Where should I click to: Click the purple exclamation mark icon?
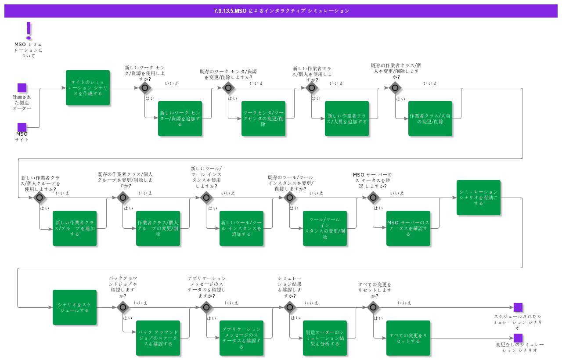point(29,30)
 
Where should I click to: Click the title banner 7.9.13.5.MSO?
point(281,11)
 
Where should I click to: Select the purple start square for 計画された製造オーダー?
point(22,88)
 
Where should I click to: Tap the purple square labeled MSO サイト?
point(22,127)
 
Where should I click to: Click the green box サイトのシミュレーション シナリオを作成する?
point(88,88)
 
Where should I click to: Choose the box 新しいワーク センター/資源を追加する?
point(180,119)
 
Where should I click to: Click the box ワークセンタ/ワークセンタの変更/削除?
point(263,119)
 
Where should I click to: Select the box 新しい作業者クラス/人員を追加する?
point(347,119)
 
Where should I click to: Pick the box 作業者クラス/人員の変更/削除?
point(430,119)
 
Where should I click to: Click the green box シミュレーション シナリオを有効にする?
point(479,198)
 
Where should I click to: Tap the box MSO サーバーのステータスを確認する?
point(408,228)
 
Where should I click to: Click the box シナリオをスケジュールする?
point(75,307)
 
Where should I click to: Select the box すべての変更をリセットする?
point(408,338)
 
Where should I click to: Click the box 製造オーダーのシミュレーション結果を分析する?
point(325,338)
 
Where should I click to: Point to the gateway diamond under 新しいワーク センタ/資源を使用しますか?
point(145,88)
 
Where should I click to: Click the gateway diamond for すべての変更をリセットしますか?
point(373,307)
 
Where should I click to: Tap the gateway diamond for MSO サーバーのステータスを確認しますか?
point(373,198)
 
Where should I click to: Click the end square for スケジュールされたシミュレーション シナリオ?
point(518,307)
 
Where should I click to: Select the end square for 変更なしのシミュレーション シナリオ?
point(518,338)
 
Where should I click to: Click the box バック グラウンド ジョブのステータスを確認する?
point(158,338)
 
